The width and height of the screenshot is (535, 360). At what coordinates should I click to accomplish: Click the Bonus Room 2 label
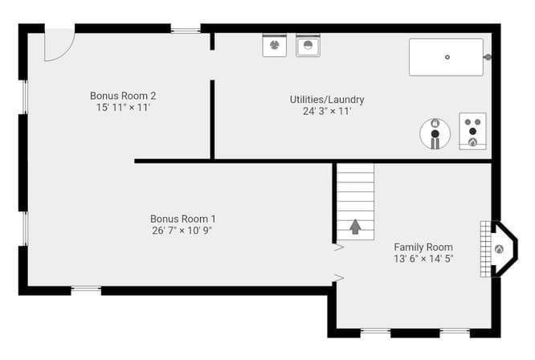point(123,96)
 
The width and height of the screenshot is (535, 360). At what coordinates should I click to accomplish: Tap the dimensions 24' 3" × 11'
point(327,111)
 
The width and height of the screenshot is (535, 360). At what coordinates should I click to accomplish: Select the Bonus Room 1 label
point(182,219)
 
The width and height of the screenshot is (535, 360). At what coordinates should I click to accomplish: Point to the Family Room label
point(423,247)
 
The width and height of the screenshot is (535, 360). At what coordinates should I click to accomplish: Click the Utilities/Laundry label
point(327,100)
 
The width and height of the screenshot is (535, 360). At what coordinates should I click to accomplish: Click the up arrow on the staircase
point(355,227)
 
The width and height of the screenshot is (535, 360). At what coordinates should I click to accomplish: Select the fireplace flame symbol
point(499,249)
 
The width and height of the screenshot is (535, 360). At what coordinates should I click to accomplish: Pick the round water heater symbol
point(435,133)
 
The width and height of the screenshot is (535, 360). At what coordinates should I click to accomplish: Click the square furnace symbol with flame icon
point(472,131)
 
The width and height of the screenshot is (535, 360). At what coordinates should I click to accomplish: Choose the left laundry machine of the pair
point(274,45)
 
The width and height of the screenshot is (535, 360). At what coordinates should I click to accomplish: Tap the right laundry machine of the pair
point(308,45)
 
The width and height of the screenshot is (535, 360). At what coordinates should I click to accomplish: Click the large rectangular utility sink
point(447,57)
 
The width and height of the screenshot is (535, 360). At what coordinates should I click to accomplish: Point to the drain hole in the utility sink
point(447,57)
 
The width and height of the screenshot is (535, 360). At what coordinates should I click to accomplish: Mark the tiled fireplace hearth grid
point(485,249)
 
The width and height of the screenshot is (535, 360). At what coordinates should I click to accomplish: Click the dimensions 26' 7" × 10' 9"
point(182,231)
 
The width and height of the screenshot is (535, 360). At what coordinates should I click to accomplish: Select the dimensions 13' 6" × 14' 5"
point(423,259)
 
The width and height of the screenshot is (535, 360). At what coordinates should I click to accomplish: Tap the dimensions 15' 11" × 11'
point(123,108)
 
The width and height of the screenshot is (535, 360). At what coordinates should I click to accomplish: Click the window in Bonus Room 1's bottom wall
point(86,290)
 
